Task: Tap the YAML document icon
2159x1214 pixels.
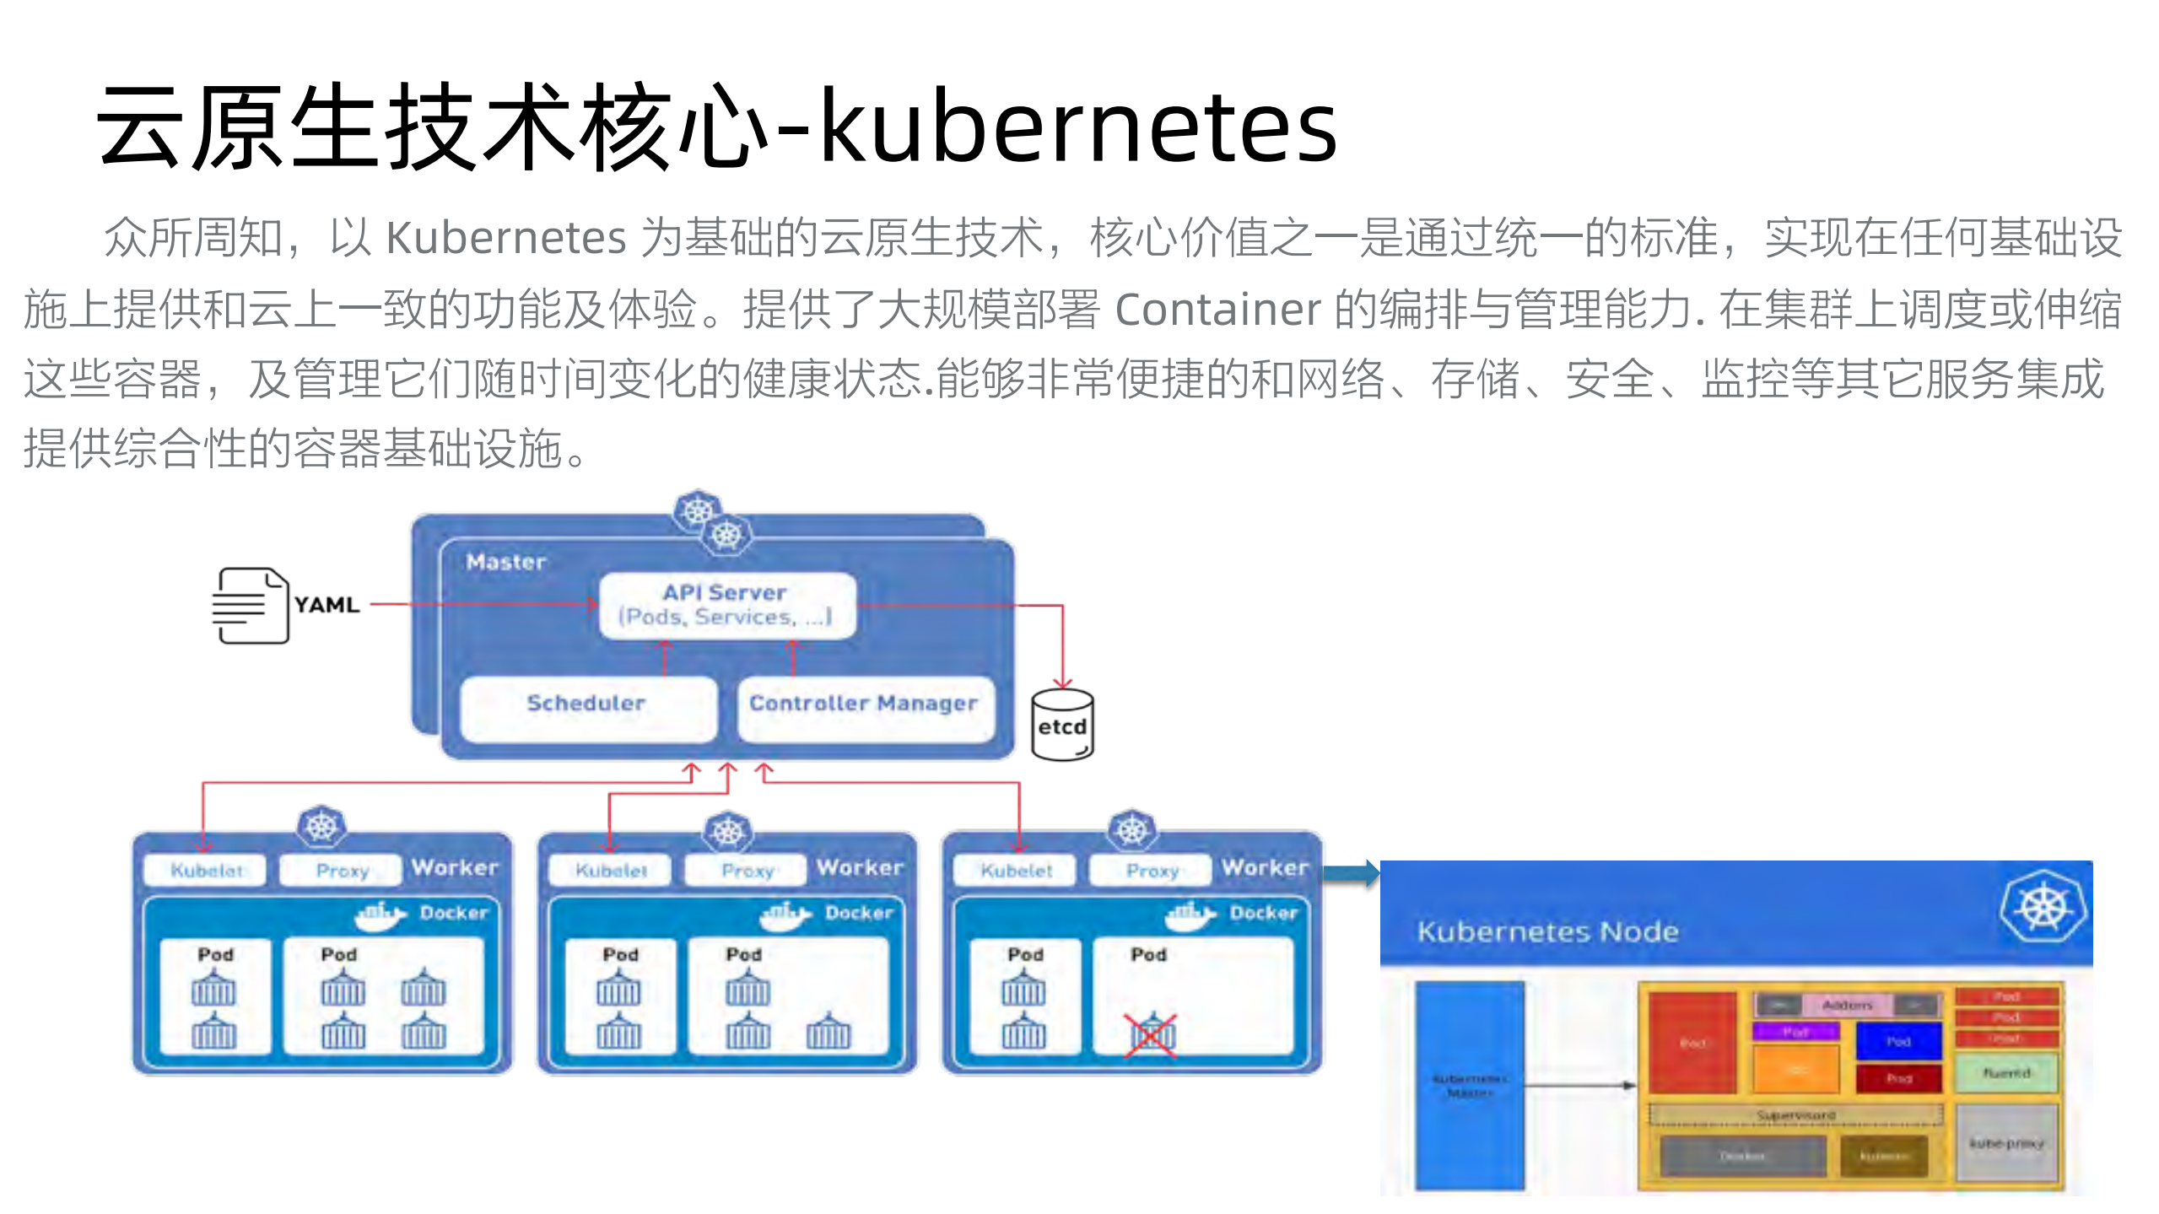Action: click(250, 606)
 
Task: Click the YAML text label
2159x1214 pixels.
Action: click(327, 605)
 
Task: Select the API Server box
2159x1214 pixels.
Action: click(726, 605)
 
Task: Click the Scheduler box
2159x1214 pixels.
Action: click(587, 708)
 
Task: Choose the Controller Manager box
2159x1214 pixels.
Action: click(864, 708)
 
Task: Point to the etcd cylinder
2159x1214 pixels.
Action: click(1062, 726)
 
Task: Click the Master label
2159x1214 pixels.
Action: click(506, 562)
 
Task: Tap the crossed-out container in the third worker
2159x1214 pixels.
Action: click(1151, 1034)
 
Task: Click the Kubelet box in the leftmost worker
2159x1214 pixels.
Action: click(205, 870)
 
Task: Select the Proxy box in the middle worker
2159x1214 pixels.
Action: click(748, 870)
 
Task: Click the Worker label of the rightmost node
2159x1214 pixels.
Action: click(1265, 867)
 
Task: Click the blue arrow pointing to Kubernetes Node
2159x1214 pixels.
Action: click(1350, 873)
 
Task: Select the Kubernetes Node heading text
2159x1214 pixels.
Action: click(1547, 931)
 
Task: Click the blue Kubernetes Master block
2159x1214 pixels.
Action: click(1469, 1086)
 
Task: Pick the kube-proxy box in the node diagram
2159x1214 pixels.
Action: click(2006, 1144)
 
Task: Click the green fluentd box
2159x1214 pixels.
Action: click(2006, 1072)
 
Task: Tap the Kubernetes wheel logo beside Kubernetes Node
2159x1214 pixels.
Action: click(2043, 908)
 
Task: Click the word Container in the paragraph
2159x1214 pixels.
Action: click(1217, 310)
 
